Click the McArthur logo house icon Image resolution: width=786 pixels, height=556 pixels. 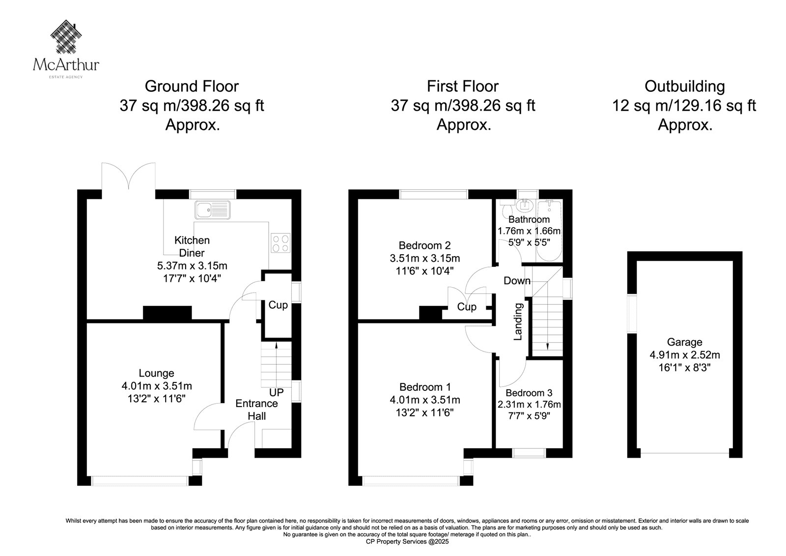click(66, 36)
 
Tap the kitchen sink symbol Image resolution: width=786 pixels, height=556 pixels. click(213, 210)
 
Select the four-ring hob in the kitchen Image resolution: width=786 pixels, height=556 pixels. click(281, 243)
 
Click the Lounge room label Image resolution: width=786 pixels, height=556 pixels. click(157, 373)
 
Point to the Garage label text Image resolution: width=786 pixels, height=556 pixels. click(685, 342)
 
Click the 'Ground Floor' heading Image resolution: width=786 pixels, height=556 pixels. click(192, 87)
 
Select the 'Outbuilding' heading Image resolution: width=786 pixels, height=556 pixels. click(685, 87)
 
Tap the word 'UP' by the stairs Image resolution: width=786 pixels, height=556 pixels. click(276, 392)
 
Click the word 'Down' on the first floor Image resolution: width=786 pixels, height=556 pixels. click(517, 281)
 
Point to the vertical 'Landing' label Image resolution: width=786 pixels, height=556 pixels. click(518, 322)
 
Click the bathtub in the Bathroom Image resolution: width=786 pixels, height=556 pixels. click(549, 231)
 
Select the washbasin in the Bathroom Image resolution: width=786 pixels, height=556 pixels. click(525, 205)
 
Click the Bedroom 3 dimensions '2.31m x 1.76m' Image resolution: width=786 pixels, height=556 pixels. click(529, 405)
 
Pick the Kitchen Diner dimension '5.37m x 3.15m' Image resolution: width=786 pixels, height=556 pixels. click(192, 266)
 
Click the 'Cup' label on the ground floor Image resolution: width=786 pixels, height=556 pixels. click(278, 305)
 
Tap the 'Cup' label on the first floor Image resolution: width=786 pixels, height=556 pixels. click(467, 307)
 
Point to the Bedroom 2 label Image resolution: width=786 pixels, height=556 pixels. click(424, 245)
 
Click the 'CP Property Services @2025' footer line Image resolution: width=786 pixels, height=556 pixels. click(407, 542)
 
